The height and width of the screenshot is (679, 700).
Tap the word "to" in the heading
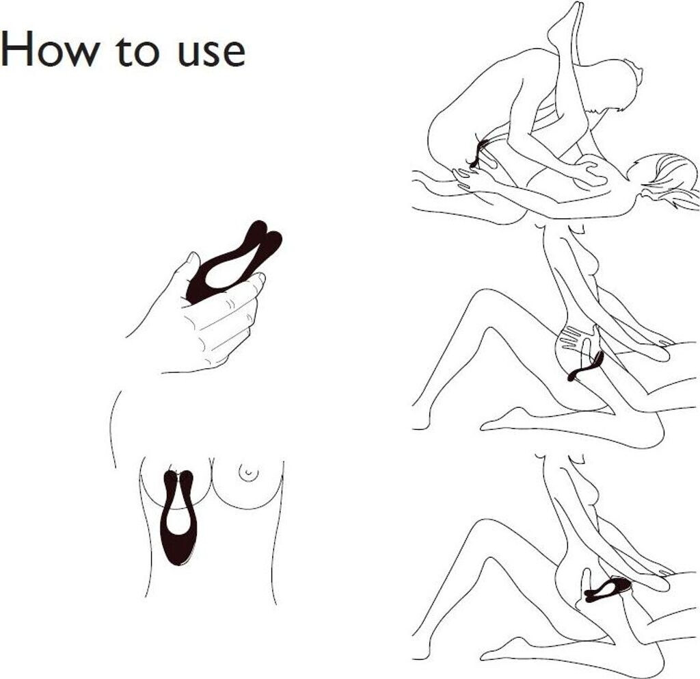pyautogui.click(x=137, y=51)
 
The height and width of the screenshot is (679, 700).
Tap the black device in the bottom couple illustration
pyautogui.click(x=608, y=588)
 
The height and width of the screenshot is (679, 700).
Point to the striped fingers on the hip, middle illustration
pyautogui.click(x=571, y=337)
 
